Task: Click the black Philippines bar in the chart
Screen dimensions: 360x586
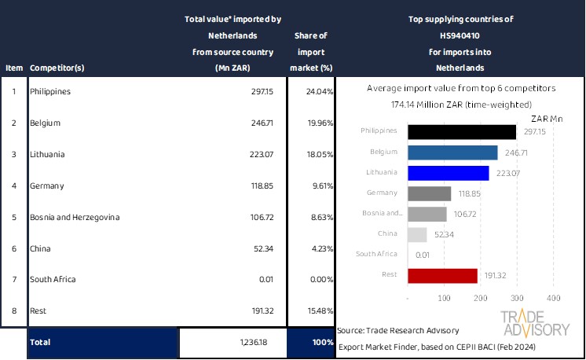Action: pyautogui.click(x=462, y=131)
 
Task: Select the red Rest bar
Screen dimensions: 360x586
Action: pyautogui.click(x=443, y=275)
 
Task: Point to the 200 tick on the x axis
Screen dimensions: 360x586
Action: pyautogui.click(x=481, y=299)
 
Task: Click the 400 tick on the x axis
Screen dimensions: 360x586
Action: pyautogui.click(x=553, y=299)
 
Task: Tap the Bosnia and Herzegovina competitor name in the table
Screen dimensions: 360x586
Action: pyautogui.click(x=75, y=217)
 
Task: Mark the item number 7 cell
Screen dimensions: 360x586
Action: pyautogui.click(x=13, y=279)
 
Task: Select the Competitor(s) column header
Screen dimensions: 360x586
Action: pyautogui.click(x=57, y=68)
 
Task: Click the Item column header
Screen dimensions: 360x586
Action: pyautogui.click(x=13, y=68)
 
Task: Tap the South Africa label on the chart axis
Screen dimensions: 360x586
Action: pyautogui.click(x=380, y=255)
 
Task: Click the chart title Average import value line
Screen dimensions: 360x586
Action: pyautogui.click(x=461, y=89)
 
